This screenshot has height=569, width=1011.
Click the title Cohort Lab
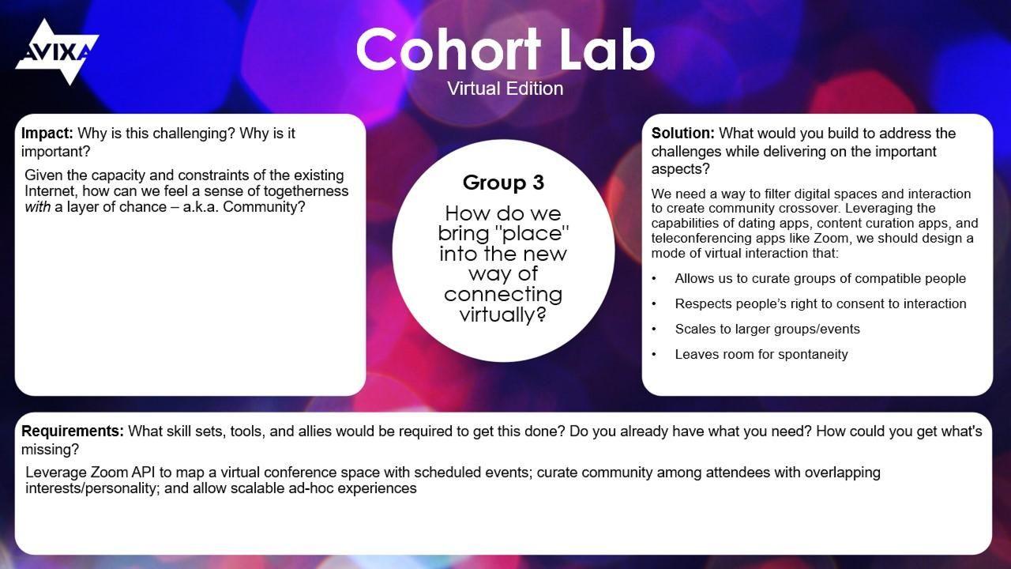[x=505, y=49]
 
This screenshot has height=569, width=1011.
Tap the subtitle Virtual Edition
[x=505, y=89]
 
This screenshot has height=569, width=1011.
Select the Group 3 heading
[x=503, y=183]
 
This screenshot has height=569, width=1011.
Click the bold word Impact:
[x=47, y=134]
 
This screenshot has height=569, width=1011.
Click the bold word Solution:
[x=682, y=134]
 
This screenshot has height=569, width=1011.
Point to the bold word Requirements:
[x=73, y=431]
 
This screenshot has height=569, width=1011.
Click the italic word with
[x=38, y=207]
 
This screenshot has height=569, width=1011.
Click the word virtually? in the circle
[x=503, y=314]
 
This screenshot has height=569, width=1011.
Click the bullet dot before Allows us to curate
[x=654, y=279]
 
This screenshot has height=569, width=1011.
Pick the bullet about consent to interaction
[x=820, y=303]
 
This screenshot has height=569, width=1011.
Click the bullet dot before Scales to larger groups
[x=654, y=330]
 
